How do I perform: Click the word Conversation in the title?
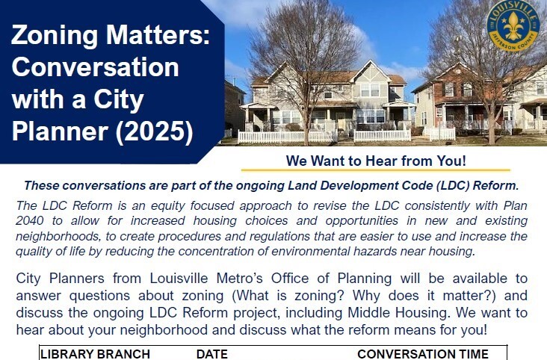(96, 68)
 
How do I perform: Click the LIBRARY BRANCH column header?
(95, 354)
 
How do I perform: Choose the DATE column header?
(212, 354)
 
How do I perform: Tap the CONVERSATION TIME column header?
(423, 354)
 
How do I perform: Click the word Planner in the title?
(56, 130)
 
